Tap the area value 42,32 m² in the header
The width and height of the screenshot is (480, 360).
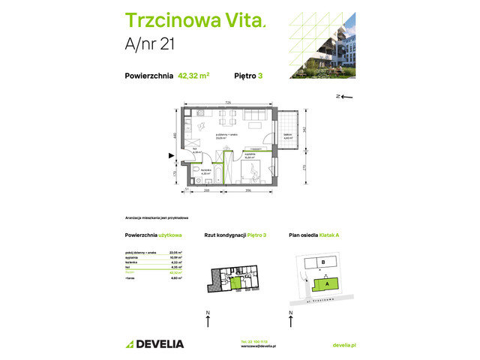point(193,75)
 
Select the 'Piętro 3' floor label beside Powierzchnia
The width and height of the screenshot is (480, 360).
point(249,75)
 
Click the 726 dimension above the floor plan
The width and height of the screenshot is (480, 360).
point(226,103)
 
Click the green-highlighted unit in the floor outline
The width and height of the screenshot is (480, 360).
point(236,281)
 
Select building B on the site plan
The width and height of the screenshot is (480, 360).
point(322,262)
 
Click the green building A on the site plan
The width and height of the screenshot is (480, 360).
point(326,283)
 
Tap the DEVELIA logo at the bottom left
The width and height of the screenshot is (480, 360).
point(154,343)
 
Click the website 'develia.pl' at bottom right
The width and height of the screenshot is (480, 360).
point(343,343)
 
